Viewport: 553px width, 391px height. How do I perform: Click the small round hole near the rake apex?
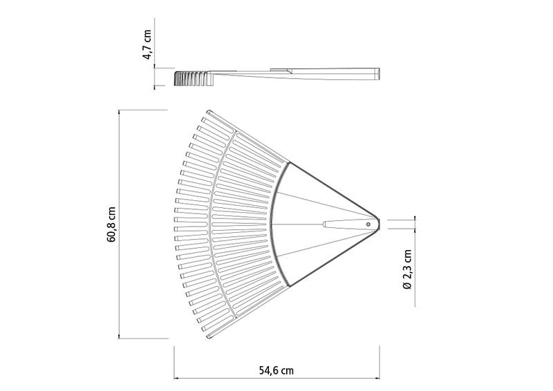[x=368, y=224]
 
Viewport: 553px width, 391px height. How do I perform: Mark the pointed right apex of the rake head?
[x=379, y=224]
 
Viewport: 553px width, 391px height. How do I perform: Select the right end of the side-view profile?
[x=378, y=74]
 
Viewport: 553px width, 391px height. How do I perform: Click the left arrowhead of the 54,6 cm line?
[x=176, y=378]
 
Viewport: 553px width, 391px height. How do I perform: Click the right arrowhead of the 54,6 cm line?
[x=377, y=378]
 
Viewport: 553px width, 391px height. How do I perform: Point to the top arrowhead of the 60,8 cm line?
[x=120, y=112]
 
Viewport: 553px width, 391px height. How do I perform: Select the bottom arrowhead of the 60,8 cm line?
[x=120, y=336]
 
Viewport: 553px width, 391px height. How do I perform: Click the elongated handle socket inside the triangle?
[x=342, y=224]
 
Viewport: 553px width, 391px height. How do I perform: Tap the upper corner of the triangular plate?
[x=288, y=163]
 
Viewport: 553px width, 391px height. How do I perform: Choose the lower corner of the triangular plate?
[x=288, y=285]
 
